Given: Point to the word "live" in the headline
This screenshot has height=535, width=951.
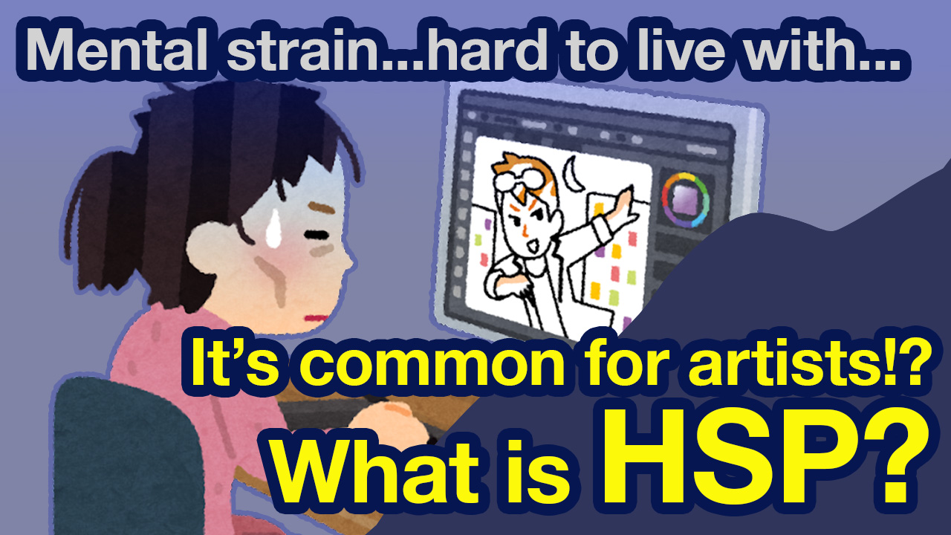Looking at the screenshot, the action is click(x=680, y=49).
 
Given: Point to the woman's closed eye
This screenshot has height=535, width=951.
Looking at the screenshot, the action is click(x=317, y=235).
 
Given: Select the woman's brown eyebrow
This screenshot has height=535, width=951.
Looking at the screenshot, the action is click(x=322, y=209).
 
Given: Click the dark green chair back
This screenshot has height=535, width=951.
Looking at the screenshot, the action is click(x=123, y=458).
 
